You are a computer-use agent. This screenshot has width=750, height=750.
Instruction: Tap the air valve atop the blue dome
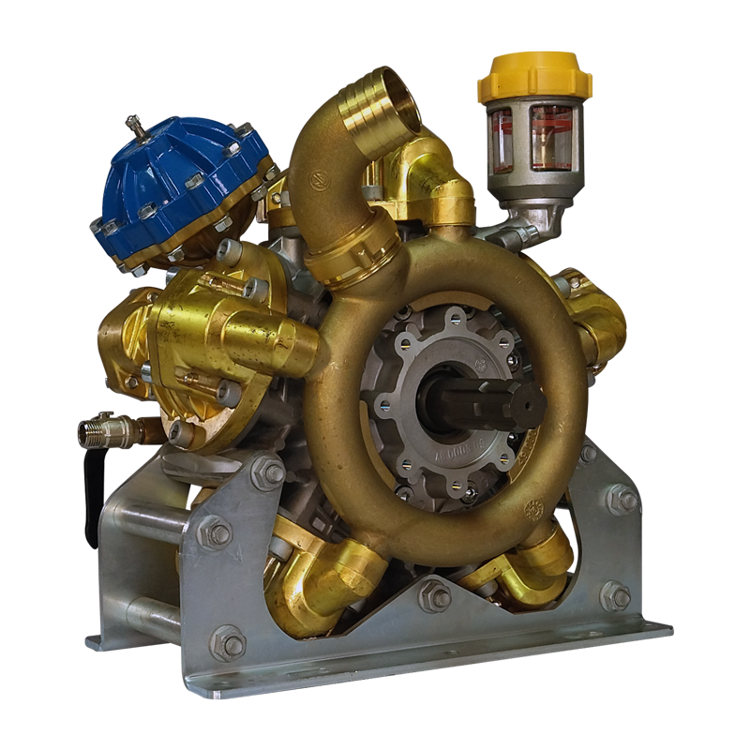click(138, 124)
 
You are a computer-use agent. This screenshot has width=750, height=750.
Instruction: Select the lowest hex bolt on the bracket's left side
click(228, 644)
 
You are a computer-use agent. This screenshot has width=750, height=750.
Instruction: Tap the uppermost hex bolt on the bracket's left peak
click(268, 474)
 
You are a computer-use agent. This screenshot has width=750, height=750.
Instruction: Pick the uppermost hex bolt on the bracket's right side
click(621, 498)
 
